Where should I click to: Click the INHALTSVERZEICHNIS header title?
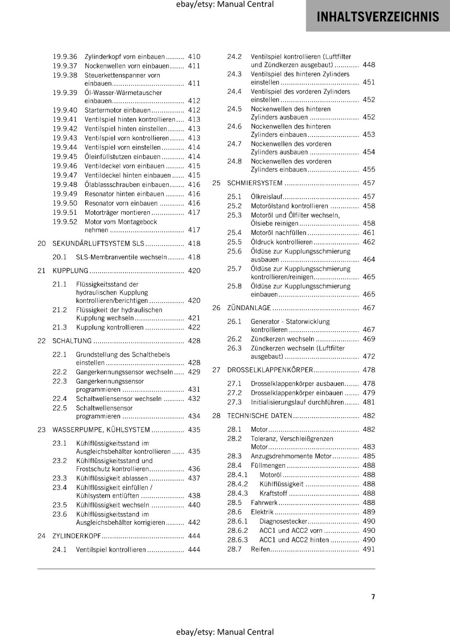click(378, 17)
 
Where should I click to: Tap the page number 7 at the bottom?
click(373, 597)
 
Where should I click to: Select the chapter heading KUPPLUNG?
click(70, 271)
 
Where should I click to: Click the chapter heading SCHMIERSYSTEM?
click(255, 183)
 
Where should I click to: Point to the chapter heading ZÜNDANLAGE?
click(249, 308)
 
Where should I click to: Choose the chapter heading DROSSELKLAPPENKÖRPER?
click(270, 370)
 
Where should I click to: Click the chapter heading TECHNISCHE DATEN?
click(260, 416)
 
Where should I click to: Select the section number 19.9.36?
click(65, 57)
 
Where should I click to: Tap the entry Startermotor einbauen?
click(117, 110)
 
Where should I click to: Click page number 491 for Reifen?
click(369, 549)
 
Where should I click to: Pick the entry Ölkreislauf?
click(266, 197)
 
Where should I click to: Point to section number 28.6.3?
click(237, 540)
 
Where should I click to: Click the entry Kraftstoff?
click(273, 493)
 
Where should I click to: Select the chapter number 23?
click(41, 430)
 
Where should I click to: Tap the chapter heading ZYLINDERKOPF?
click(77, 536)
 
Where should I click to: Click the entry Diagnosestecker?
click(283, 521)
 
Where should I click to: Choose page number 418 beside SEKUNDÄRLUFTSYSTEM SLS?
click(194, 244)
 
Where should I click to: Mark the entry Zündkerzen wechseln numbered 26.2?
click(282, 339)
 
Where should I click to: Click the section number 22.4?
click(60, 399)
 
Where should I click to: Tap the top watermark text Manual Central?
click(245, 4)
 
